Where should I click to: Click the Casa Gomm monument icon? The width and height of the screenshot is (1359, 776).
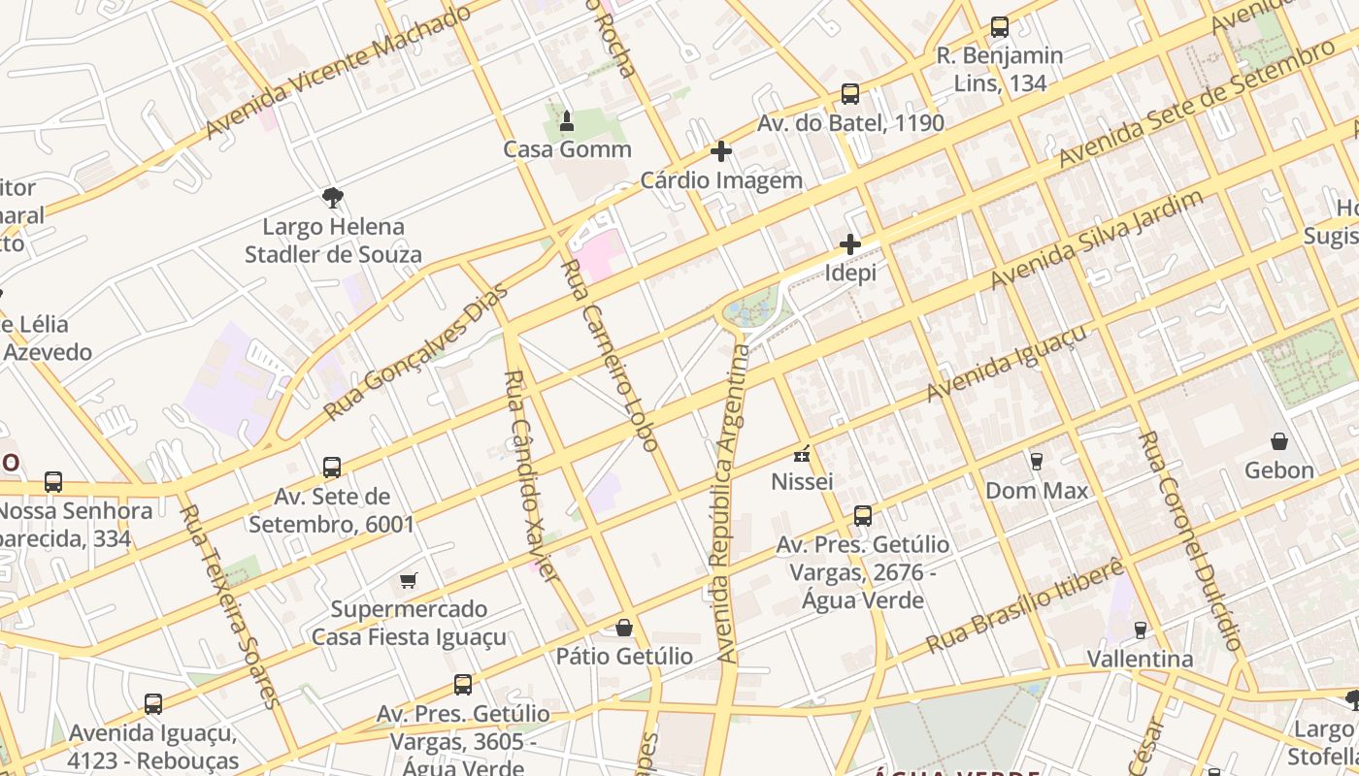tap(567, 121)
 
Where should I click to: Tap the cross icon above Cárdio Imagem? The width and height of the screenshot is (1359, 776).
tap(721, 151)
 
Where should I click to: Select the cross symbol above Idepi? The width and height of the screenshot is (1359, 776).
tap(850, 244)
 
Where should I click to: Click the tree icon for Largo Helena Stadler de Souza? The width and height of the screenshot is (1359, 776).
tap(333, 199)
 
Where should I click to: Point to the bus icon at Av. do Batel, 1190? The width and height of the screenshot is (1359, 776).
tap(850, 94)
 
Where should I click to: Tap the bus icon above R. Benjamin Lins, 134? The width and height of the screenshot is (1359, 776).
tap(1000, 27)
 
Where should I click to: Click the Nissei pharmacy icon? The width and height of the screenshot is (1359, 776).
tap(802, 453)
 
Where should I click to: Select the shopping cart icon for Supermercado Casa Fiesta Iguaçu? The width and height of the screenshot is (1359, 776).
tap(409, 581)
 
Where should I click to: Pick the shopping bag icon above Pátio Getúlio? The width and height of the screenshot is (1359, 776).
tap(624, 628)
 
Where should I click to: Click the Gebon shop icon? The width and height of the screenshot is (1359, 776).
tap(1279, 441)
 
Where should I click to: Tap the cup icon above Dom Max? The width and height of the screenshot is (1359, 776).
tap(1037, 461)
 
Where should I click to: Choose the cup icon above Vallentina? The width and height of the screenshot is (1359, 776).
tap(1140, 630)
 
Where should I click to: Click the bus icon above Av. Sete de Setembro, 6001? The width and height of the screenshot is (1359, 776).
tap(332, 468)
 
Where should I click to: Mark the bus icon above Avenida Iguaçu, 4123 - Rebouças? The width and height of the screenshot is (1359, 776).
tap(152, 703)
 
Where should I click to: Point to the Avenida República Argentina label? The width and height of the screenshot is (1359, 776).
tap(733, 504)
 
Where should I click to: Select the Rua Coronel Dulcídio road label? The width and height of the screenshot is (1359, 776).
tap(1189, 541)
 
